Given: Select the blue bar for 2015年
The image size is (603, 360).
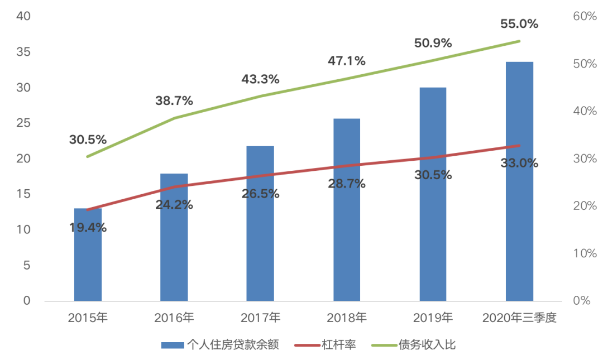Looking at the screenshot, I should (88, 255).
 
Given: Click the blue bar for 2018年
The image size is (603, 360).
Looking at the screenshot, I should (347, 210).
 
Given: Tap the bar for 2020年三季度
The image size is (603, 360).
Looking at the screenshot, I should (519, 181).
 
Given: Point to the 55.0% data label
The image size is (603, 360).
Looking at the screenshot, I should (519, 24).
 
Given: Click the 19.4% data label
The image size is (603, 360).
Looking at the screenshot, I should (88, 228).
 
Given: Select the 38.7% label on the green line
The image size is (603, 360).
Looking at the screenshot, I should (174, 101).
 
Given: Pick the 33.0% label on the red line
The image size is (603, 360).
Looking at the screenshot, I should (519, 164).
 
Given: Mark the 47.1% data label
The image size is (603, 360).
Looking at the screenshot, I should (347, 61).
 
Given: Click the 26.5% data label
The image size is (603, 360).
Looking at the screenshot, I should (260, 194).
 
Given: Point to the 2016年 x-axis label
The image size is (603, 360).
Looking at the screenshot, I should (174, 318).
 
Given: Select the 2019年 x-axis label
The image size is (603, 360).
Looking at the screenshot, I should (433, 318).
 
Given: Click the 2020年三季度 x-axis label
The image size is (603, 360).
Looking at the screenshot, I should (519, 318).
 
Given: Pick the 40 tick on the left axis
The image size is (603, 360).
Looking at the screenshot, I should (23, 17).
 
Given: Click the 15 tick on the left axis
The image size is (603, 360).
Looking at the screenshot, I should (23, 194).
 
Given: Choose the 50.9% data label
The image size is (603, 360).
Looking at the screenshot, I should (433, 43).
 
